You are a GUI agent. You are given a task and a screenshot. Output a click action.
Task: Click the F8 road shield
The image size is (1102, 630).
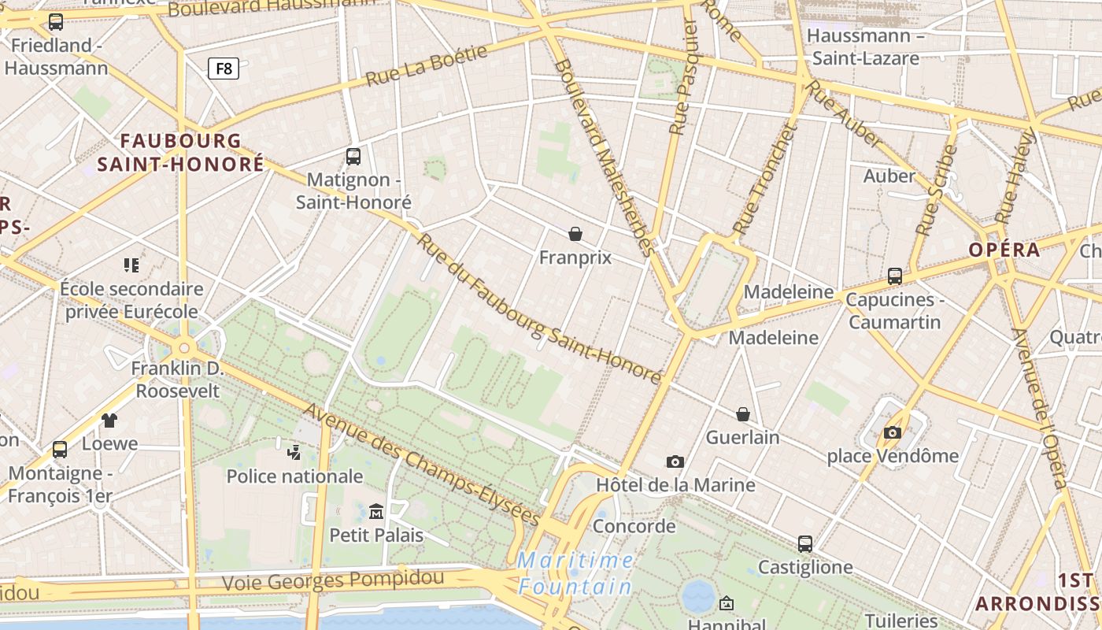pyautogui.click(x=224, y=69)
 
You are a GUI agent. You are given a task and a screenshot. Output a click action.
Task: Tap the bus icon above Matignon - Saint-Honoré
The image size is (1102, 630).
pyautogui.click(x=353, y=157)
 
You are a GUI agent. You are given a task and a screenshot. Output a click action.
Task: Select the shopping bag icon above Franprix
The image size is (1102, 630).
pyautogui.click(x=575, y=234)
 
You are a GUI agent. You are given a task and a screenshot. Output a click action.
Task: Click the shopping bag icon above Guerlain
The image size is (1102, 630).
pyautogui.click(x=742, y=414)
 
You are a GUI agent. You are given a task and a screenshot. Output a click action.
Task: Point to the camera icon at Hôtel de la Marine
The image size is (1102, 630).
pyautogui.click(x=675, y=461)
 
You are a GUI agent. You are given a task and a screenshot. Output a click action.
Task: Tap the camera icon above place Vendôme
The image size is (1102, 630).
pyautogui.click(x=892, y=432)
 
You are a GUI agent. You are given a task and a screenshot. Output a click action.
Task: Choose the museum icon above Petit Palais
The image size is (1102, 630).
pyautogui.click(x=376, y=512)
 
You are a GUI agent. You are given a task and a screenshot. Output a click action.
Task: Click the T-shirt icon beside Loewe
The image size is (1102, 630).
pyautogui.click(x=109, y=421)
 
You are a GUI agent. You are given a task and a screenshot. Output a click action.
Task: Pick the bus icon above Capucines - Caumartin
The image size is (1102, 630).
pyautogui.click(x=894, y=276)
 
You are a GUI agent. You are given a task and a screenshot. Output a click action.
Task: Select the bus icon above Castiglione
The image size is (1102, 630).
pyautogui.click(x=804, y=544)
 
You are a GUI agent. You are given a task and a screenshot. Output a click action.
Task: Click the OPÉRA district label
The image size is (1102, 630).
pyautogui.click(x=1004, y=250)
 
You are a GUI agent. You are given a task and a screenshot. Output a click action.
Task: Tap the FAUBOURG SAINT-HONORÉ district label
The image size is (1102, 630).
pyautogui.click(x=181, y=153)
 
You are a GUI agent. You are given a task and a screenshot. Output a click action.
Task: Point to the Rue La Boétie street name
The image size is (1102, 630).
pyautogui.click(x=427, y=66)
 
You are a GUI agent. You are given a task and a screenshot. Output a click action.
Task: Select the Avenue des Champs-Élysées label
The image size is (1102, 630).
pyautogui.click(x=422, y=465)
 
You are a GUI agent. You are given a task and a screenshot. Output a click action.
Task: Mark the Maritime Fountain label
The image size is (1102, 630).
pyautogui.click(x=575, y=573)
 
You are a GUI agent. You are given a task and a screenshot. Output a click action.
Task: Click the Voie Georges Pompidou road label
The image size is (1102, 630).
pyautogui.click(x=332, y=581)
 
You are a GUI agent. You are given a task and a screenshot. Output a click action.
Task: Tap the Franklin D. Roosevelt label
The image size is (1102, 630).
pyautogui.click(x=177, y=380)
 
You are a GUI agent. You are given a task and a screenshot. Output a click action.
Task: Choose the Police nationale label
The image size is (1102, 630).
pyautogui.click(x=294, y=476)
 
